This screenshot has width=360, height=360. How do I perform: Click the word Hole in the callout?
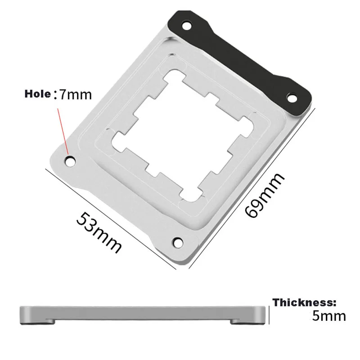[x=38, y=94]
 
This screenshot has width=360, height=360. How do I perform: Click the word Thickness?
[x=304, y=302]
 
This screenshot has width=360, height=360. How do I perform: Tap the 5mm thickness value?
[x=329, y=315]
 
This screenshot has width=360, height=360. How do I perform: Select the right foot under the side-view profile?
[x=243, y=321]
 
